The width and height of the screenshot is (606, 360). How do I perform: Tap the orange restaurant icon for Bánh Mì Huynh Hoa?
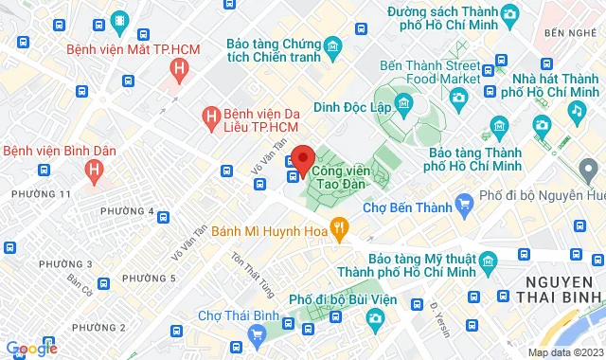342,226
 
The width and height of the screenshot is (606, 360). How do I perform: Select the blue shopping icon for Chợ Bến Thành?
464,203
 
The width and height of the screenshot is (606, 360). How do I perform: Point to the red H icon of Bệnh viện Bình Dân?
93,171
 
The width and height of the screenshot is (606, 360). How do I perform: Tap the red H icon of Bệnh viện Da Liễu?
213,117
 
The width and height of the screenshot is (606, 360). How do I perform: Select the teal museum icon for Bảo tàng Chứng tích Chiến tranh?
332,46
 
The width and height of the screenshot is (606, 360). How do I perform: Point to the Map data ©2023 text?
564,352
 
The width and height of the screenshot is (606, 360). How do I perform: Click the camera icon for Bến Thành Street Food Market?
459,97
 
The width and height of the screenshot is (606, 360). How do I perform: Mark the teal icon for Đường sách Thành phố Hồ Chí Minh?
509,14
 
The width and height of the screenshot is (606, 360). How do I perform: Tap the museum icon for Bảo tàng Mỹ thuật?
487,260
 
